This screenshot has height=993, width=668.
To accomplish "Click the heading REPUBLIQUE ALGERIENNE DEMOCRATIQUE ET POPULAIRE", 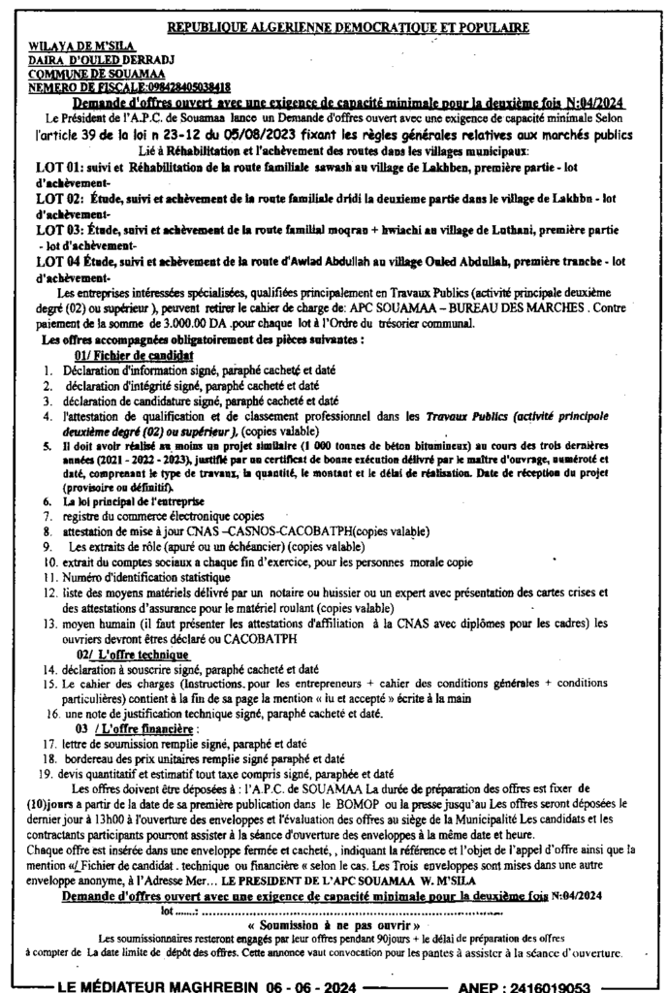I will point(339,29).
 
